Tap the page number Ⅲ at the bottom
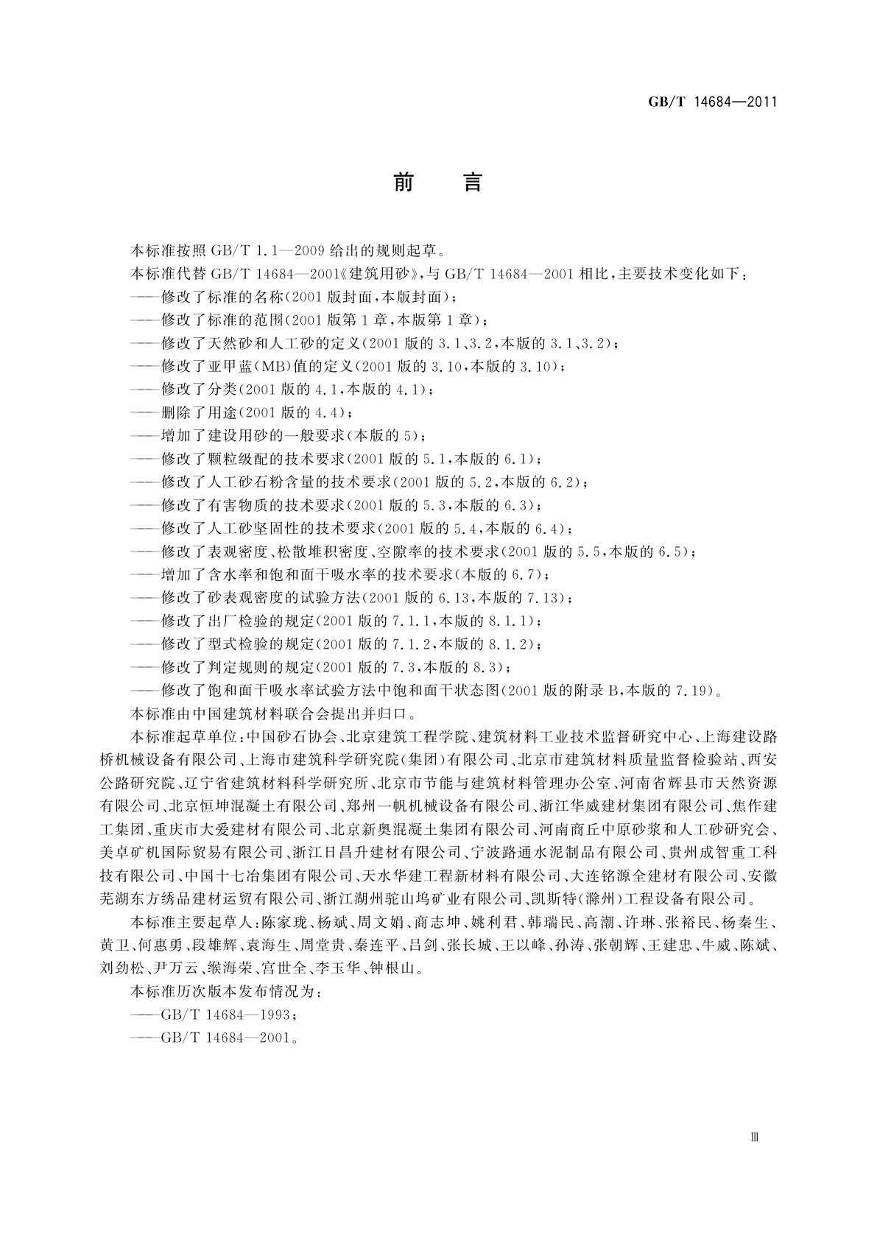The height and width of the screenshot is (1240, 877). click(x=754, y=1136)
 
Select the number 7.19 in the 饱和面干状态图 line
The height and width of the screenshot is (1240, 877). click(x=689, y=690)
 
